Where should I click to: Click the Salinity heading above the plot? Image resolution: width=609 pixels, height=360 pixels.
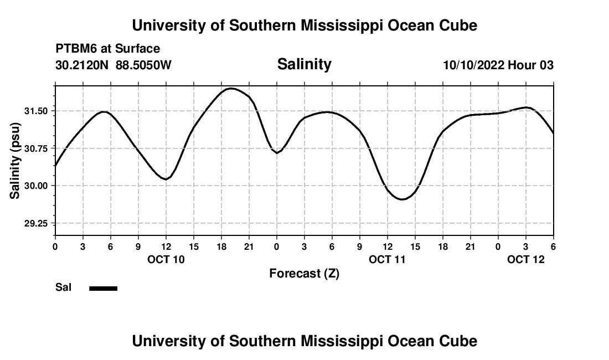coord(304,64)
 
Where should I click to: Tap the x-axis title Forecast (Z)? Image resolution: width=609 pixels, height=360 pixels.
coord(304,273)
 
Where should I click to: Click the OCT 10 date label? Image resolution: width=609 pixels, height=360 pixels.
coord(166,259)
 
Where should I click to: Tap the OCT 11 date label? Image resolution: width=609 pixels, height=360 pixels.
coord(388,259)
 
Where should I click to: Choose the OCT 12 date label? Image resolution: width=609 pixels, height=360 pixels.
coord(526,259)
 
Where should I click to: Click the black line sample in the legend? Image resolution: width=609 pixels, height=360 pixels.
coord(104,288)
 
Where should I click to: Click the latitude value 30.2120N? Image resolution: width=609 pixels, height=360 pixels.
coord(82,65)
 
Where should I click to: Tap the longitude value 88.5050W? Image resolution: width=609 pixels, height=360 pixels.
coord(143,65)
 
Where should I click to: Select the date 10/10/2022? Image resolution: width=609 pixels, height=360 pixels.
coord(473,65)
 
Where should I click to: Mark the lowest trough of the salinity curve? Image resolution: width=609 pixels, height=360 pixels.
coord(402,199)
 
